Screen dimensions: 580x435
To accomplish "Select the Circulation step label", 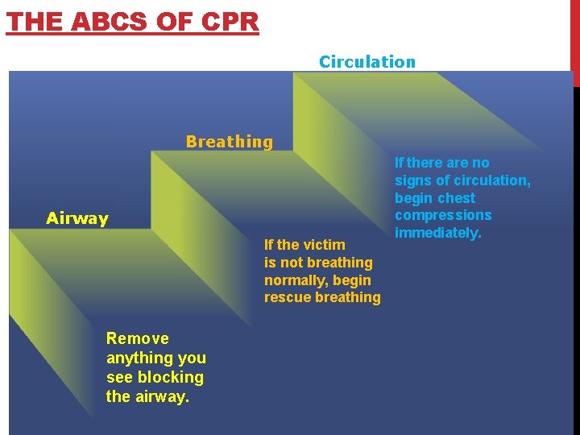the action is click(367, 62).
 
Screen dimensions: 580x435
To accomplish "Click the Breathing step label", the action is click(230, 142).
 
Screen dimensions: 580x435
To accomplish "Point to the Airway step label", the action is click(77, 218).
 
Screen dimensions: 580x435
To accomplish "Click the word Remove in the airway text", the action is click(138, 338).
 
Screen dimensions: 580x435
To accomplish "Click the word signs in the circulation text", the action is click(412, 180).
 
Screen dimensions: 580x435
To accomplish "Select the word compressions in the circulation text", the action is click(443, 215).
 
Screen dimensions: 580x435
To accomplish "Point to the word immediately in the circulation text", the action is click(437, 233).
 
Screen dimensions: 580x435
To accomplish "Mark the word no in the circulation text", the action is click(480, 163).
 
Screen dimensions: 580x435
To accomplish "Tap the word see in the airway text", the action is click(119, 377).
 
